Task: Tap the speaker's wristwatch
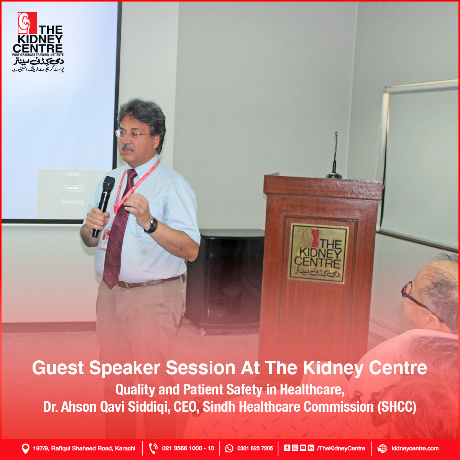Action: tap(152, 225)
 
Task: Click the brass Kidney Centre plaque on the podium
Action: tap(319, 253)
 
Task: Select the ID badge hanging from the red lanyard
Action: tap(104, 240)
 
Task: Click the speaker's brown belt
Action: tap(148, 282)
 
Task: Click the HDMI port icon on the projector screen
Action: tap(73, 188)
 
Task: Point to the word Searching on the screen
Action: tap(72, 202)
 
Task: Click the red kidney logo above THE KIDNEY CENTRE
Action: tap(27, 23)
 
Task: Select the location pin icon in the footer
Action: tap(25, 449)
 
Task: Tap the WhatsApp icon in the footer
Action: tap(229, 448)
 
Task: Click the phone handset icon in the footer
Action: tap(153, 448)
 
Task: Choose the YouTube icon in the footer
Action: tap(303, 448)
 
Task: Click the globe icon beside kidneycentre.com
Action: tap(382, 448)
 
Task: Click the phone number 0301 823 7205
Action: tap(255, 448)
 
